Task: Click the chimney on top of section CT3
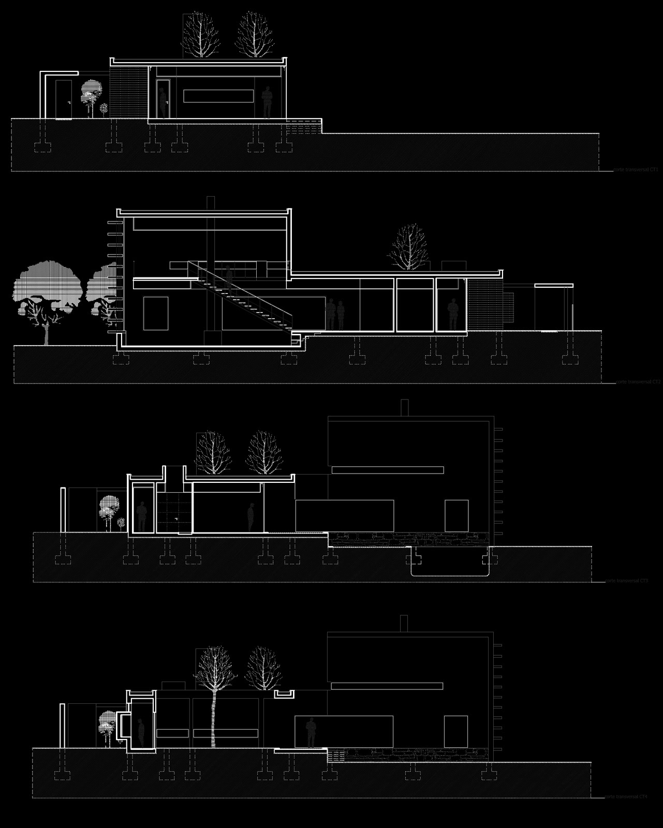405,407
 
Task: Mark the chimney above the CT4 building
404,623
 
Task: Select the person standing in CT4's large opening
311,732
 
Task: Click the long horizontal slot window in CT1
218,96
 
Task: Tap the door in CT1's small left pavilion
63,99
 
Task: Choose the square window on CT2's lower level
156,313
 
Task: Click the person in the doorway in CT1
162,102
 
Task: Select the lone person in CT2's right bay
452,314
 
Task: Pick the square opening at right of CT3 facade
456,515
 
